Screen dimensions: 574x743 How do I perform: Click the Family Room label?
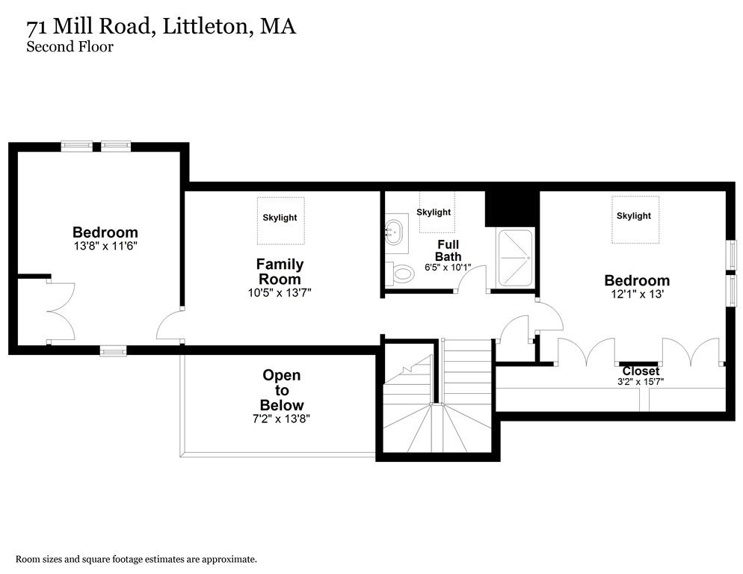tap(280, 271)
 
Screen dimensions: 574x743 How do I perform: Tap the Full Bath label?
tap(448, 250)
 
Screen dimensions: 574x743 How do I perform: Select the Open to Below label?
tap(282, 390)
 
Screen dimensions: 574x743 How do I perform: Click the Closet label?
tap(641, 371)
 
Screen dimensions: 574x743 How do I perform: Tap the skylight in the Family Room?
tap(280, 217)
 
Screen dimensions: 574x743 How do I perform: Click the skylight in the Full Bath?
tap(434, 212)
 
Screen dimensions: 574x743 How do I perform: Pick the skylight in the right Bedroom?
tap(633, 216)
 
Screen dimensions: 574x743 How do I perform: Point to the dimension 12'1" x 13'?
tap(637, 294)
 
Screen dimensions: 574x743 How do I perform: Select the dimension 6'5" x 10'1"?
tap(448, 267)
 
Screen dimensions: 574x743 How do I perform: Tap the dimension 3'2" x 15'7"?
tap(641, 382)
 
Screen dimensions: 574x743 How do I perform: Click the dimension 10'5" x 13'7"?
tap(280, 293)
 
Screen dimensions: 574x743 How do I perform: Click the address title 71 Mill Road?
tap(161, 27)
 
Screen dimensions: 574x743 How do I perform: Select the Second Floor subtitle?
tap(70, 47)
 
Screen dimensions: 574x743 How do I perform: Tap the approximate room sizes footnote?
tap(137, 558)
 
